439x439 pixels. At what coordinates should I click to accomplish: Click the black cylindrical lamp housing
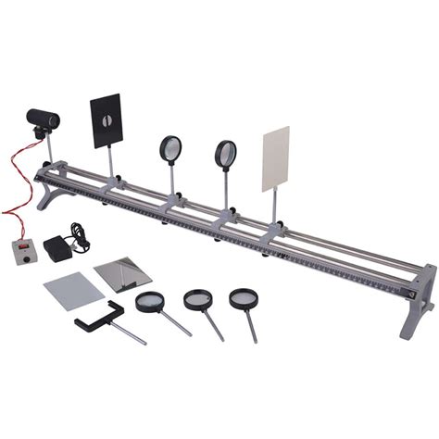(x=43, y=119)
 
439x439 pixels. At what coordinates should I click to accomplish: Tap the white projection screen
(x=276, y=158)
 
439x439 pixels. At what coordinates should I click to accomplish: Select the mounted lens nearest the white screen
(x=225, y=154)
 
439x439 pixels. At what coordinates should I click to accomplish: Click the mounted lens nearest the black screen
(x=171, y=149)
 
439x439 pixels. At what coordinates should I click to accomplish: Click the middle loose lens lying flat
(x=197, y=298)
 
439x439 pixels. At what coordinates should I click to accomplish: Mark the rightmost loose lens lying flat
(x=245, y=297)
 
